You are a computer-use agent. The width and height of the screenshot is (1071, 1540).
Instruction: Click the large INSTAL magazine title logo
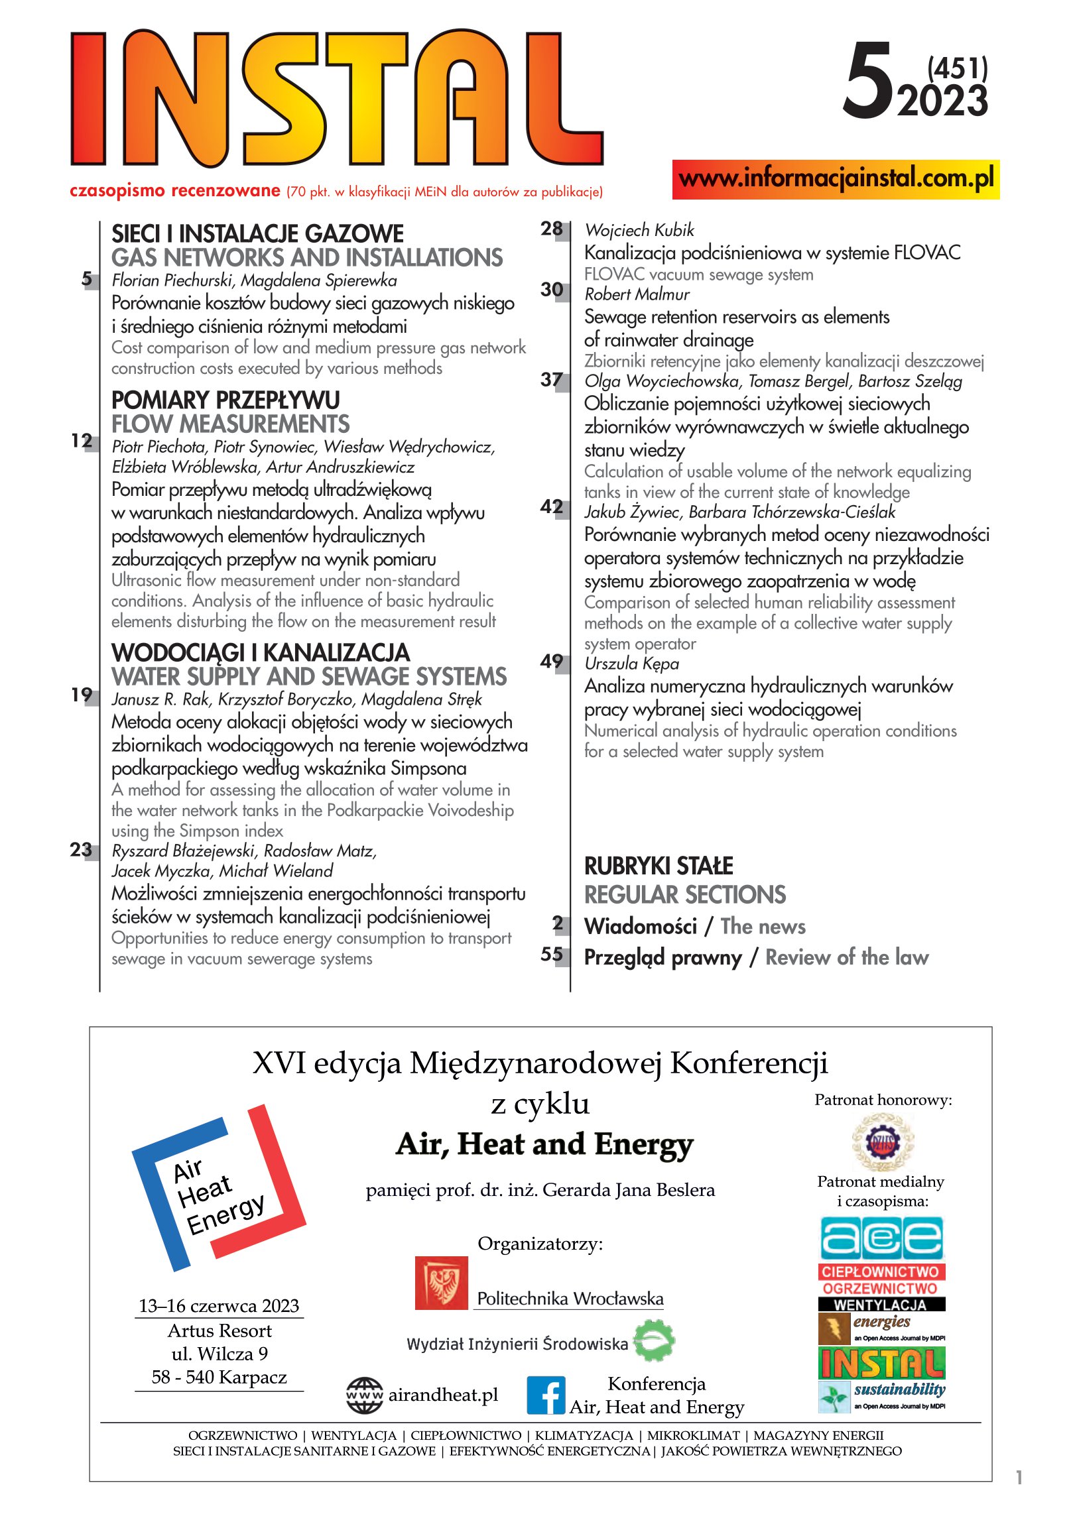(x=336, y=99)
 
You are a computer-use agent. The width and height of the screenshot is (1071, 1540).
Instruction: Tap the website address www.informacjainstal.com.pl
(x=836, y=179)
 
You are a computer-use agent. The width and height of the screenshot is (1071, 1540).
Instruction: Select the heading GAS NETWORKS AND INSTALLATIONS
(x=306, y=258)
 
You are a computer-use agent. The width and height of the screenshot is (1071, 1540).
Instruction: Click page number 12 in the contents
(x=82, y=441)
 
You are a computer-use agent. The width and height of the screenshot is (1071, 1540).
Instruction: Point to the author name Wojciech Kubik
(x=639, y=230)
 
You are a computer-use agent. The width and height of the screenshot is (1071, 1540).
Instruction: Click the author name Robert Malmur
(x=636, y=294)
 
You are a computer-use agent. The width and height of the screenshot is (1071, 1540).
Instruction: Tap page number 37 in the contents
(x=552, y=380)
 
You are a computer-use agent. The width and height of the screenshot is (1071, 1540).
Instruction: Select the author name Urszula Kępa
(x=631, y=664)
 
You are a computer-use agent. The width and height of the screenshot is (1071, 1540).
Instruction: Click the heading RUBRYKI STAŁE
(x=659, y=866)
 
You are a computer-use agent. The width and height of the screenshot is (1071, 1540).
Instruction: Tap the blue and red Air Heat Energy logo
(x=218, y=1188)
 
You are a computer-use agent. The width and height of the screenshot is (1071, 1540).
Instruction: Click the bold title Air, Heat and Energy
(x=544, y=1144)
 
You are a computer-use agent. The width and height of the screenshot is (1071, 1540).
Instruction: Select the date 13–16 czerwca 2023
(x=219, y=1306)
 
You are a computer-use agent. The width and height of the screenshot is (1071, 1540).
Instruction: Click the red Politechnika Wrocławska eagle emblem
(x=441, y=1283)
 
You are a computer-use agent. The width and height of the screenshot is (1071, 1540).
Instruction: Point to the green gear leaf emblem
(x=654, y=1341)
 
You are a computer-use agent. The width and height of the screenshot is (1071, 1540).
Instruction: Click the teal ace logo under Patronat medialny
(x=881, y=1238)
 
